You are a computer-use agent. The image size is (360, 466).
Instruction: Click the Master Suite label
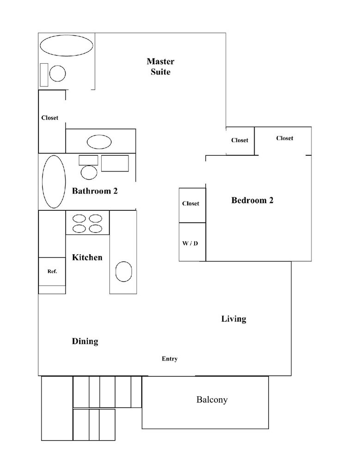[160, 67]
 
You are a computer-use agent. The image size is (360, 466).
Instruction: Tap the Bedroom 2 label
[252, 200]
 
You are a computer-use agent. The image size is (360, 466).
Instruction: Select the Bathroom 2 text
[95, 191]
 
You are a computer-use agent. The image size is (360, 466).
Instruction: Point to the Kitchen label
[87, 258]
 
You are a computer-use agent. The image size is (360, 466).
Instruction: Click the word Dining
[85, 341]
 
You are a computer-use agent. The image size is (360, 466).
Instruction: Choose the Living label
[234, 319]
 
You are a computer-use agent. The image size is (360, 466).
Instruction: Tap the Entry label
[170, 359]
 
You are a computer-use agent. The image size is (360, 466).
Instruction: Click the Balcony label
[212, 400]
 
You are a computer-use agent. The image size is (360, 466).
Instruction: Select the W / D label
[190, 243]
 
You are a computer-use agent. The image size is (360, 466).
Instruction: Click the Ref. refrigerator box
[52, 272]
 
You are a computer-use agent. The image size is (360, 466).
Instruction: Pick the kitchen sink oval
[123, 271]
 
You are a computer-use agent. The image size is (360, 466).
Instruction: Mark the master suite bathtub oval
[67, 45]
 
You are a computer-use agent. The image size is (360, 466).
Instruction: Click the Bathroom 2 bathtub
[54, 182]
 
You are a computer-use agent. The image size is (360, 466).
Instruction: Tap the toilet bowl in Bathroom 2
[89, 173]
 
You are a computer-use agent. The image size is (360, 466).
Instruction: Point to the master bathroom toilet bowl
[57, 74]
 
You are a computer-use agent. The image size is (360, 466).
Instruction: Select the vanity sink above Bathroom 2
[99, 142]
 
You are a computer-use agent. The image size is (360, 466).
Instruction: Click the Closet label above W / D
[191, 203]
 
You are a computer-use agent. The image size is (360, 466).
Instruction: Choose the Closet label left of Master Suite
[49, 118]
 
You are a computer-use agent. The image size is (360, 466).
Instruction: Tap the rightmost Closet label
[285, 138]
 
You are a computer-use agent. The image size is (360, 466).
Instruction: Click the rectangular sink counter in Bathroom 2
[115, 163]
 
